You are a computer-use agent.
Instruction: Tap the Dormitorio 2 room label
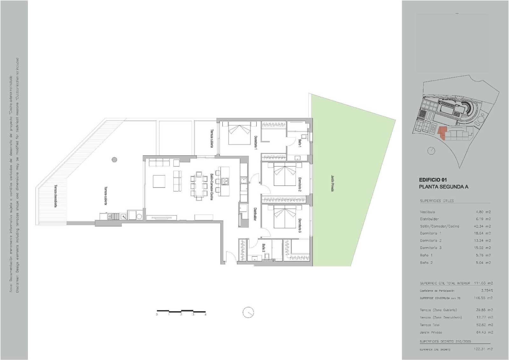coord(300,185)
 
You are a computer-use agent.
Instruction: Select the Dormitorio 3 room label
coord(300,225)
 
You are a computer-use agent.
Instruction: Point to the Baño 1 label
coord(300,142)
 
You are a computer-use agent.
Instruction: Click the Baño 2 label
coord(264,248)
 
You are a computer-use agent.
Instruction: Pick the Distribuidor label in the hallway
coord(255,214)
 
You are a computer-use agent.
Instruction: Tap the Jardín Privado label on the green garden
coord(332,183)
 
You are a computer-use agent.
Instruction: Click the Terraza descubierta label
coord(55,196)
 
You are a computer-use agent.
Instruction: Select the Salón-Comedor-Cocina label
coord(211,187)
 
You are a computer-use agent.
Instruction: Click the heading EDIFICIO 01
coord(433,180)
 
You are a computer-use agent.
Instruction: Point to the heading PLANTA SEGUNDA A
coord(443,187)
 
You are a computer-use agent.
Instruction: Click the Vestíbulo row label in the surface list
coord(427,212)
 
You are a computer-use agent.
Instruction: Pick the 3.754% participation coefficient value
coord(487,291)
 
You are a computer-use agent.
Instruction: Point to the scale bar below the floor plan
coord(181,311)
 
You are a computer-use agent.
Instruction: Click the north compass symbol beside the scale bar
coord(248,312)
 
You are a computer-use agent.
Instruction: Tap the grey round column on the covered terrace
coord(115,159)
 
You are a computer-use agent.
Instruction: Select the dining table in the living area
coord(199,186)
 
